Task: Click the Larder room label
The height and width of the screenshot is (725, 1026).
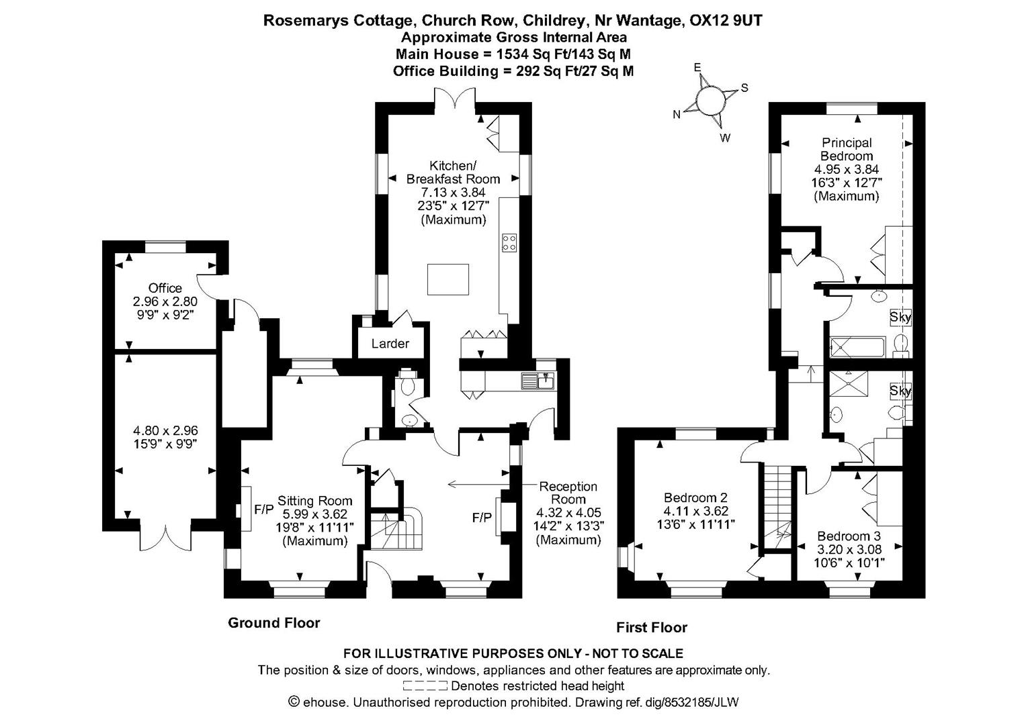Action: pos(390,344)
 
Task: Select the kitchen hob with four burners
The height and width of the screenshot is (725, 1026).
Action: pos(509,242)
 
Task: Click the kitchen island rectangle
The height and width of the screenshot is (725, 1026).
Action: pos(448,279)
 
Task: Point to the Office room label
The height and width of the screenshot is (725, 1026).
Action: pos(165,288)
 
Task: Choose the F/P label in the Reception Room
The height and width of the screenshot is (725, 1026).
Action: pos(482,518)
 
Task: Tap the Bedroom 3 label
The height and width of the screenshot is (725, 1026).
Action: pos(849,536)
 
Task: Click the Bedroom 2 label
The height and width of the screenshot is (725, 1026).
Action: pos(695,498)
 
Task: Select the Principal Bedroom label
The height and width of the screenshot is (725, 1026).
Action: pos(847,149)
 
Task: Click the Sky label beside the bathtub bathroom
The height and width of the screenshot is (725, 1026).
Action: pos(900,317)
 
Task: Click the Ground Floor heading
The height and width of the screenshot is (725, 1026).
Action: pos(273,623)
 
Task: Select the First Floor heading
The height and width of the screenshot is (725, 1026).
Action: pos(652,628)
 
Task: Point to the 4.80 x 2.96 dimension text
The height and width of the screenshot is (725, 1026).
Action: pos(165,430)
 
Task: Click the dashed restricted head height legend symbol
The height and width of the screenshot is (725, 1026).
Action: pos(425,686)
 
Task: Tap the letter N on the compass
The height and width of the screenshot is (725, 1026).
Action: pos(677,115)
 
